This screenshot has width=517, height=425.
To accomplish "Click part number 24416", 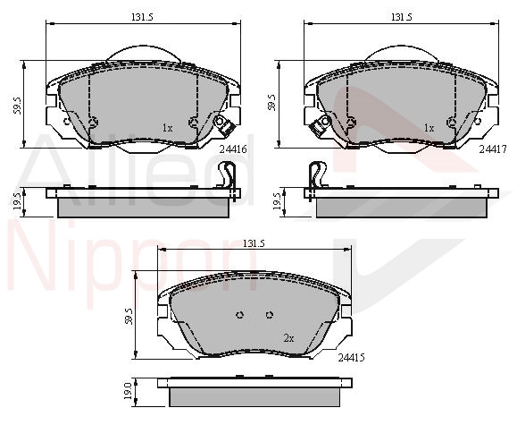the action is click(x=233, y=149).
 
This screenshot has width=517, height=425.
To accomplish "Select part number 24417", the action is click(x=493, y=149).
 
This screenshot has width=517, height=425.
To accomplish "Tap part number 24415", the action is click(x=351, y=358).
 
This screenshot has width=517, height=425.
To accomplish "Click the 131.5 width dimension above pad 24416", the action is click(x=143, y=17).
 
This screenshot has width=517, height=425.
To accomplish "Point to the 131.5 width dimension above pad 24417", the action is click(x=402, y=17).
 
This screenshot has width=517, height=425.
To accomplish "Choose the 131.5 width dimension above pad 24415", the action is click(x=254, y=243).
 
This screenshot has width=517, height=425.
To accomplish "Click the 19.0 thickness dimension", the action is click(x=128, y=391).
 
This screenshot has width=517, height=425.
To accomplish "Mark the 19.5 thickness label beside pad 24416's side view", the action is click(x=17, y=201).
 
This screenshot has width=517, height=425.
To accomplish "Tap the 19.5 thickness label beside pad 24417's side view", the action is click(x=277, y=201).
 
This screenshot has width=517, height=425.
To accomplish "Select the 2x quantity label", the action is click(x=288, y=338).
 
